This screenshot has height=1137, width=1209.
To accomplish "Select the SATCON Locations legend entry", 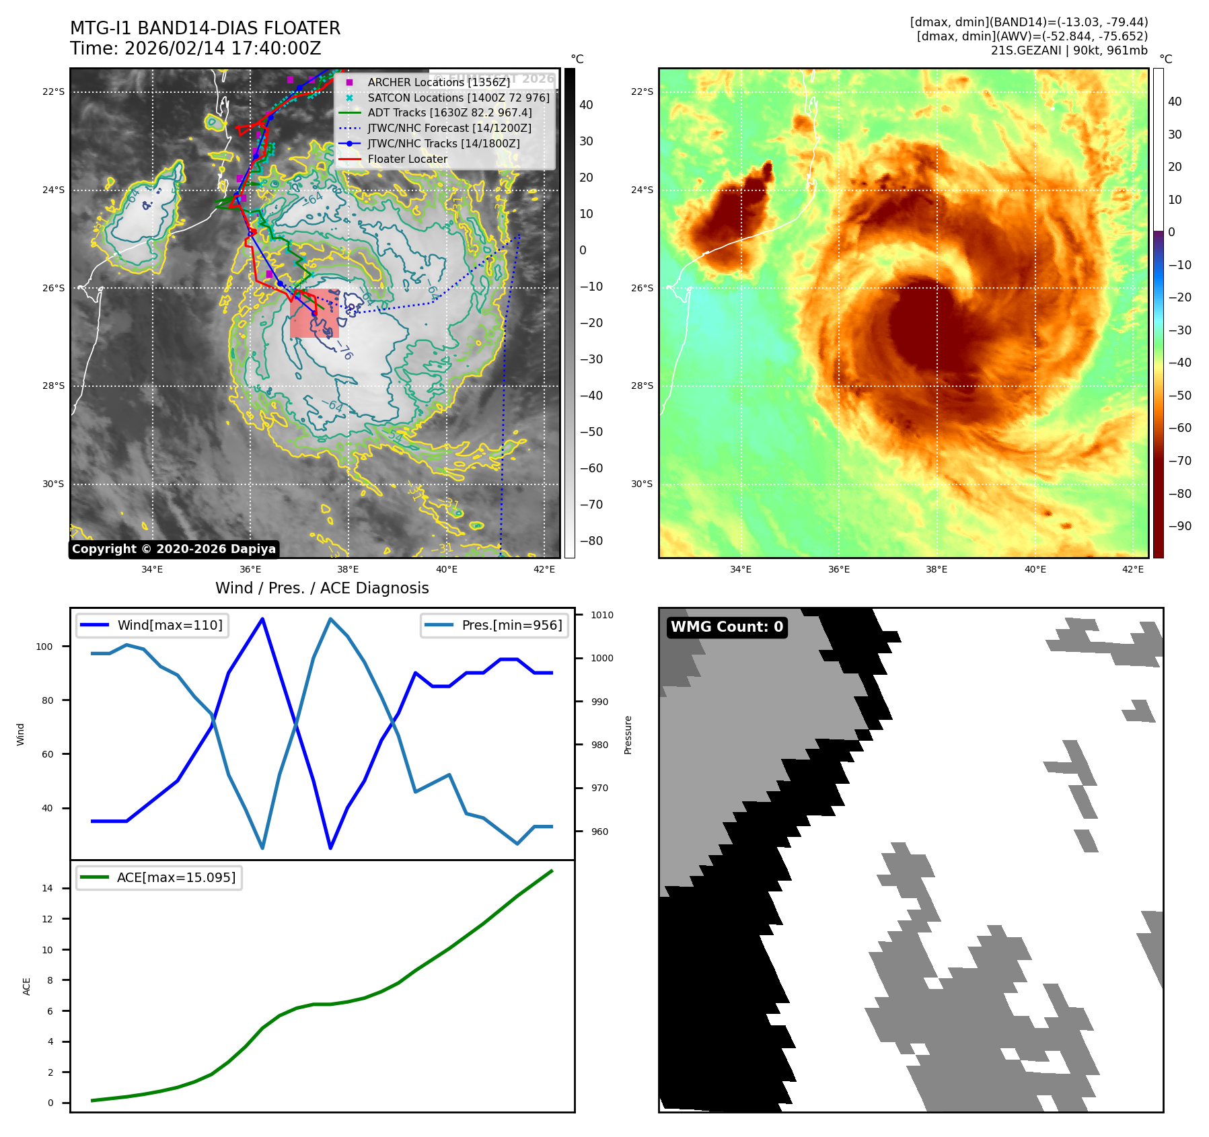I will (458, 98).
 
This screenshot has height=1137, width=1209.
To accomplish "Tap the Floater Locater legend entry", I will (407, 159).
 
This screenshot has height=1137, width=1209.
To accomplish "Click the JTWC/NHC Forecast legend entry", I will (449, 129).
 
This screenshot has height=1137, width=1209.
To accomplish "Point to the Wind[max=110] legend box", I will (152, 625).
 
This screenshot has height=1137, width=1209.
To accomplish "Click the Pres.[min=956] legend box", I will (494, 625).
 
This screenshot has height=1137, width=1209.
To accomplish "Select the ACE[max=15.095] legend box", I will (159, 877).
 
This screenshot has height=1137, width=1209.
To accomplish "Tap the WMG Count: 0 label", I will (727, 627).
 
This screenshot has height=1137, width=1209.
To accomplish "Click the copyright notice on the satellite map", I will (174, 549).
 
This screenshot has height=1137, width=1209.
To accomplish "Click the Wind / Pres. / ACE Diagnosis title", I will (322, 588).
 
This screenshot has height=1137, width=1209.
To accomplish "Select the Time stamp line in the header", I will (196, 49).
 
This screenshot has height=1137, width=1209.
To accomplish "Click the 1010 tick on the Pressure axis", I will (601, 615).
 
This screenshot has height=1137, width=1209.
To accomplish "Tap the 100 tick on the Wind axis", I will (44, 647).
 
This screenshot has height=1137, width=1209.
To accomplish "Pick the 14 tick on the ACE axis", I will (47, 888).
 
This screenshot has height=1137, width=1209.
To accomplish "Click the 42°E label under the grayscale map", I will (544, 570).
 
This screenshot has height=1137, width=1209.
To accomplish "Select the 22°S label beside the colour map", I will (642, 91).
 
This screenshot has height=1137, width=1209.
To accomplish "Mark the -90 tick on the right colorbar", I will (1180, 526).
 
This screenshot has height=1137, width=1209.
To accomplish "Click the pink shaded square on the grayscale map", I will (314, 314).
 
